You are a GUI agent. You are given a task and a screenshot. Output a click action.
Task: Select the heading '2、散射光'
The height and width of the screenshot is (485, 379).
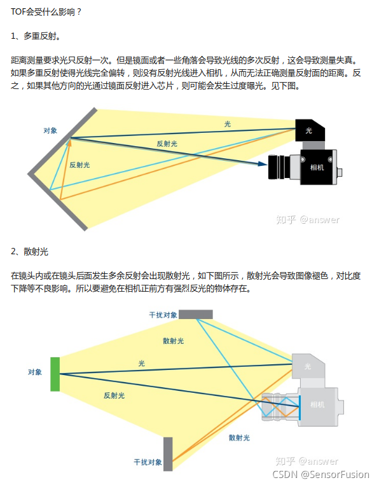point(30,252)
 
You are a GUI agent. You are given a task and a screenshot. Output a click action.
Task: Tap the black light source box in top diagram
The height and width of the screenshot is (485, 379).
point(310,130)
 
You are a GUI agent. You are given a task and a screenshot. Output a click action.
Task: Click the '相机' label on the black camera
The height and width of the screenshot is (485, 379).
point(316,167)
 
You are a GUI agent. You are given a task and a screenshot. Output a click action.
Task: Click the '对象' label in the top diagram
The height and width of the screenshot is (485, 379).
point(51,130)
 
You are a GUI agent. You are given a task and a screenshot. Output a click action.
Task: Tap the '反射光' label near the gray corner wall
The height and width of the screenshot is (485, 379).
point(79,165)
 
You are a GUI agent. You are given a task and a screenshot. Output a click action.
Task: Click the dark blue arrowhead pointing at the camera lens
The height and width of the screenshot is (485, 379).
point(261,163)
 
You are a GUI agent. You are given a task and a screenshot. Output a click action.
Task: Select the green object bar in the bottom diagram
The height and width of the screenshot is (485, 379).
point(55,374)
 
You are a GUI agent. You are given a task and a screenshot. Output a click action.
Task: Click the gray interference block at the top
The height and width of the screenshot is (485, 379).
point(195,314)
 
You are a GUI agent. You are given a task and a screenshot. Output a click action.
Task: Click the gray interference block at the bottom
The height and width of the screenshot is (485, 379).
point(168,453)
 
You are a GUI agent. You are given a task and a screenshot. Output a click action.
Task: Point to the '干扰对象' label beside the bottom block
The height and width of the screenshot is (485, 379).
point(148,461)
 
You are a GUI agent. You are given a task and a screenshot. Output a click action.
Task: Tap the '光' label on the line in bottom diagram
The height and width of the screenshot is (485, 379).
point(142,363)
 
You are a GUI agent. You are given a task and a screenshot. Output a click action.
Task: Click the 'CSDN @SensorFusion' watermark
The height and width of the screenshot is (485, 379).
point(320,474)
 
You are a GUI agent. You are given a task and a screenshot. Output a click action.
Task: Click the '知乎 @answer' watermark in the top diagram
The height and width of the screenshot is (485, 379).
point(308,219)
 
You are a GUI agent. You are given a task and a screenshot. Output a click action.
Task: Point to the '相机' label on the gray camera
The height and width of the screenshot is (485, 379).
point(317,404)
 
